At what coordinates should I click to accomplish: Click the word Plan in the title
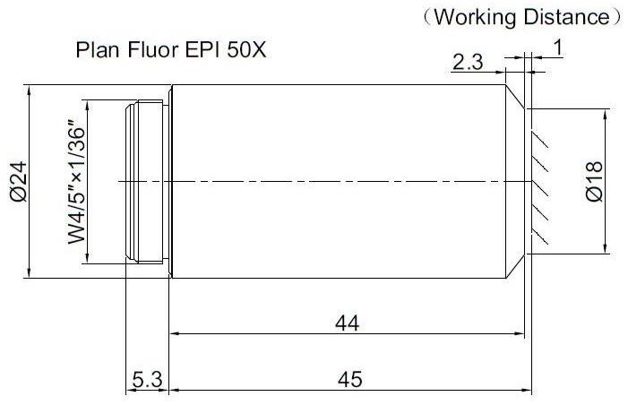click(99, 50)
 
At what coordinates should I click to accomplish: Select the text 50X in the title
click(246, 50)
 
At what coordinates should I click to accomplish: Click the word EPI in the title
click(202, 50)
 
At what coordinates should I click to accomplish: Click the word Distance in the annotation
click(567, 17)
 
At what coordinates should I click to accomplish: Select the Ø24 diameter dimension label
click(19, 181)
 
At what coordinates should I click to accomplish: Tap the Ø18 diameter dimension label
click(594, 181)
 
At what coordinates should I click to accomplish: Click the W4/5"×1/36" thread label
click(76, 182)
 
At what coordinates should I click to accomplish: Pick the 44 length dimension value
click(348, 323)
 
